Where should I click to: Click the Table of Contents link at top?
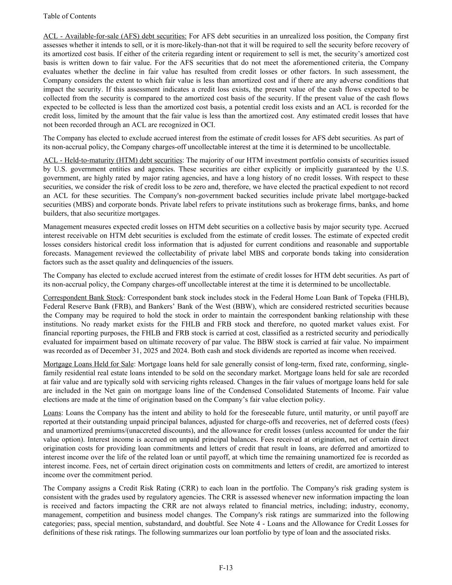tap(69, 16)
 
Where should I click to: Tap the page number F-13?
tap(226, 568)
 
